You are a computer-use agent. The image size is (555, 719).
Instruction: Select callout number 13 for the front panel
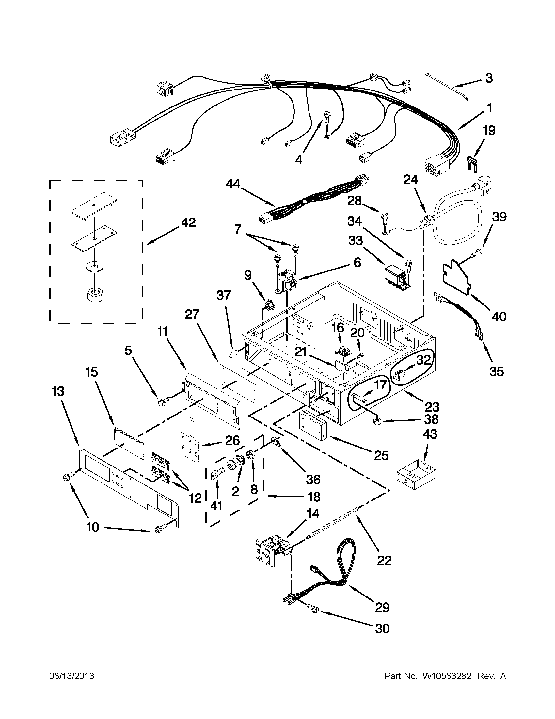[58, 391]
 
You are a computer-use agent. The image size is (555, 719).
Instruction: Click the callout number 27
[192, 314]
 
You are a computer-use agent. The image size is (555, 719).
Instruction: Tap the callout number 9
[247, 274]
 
